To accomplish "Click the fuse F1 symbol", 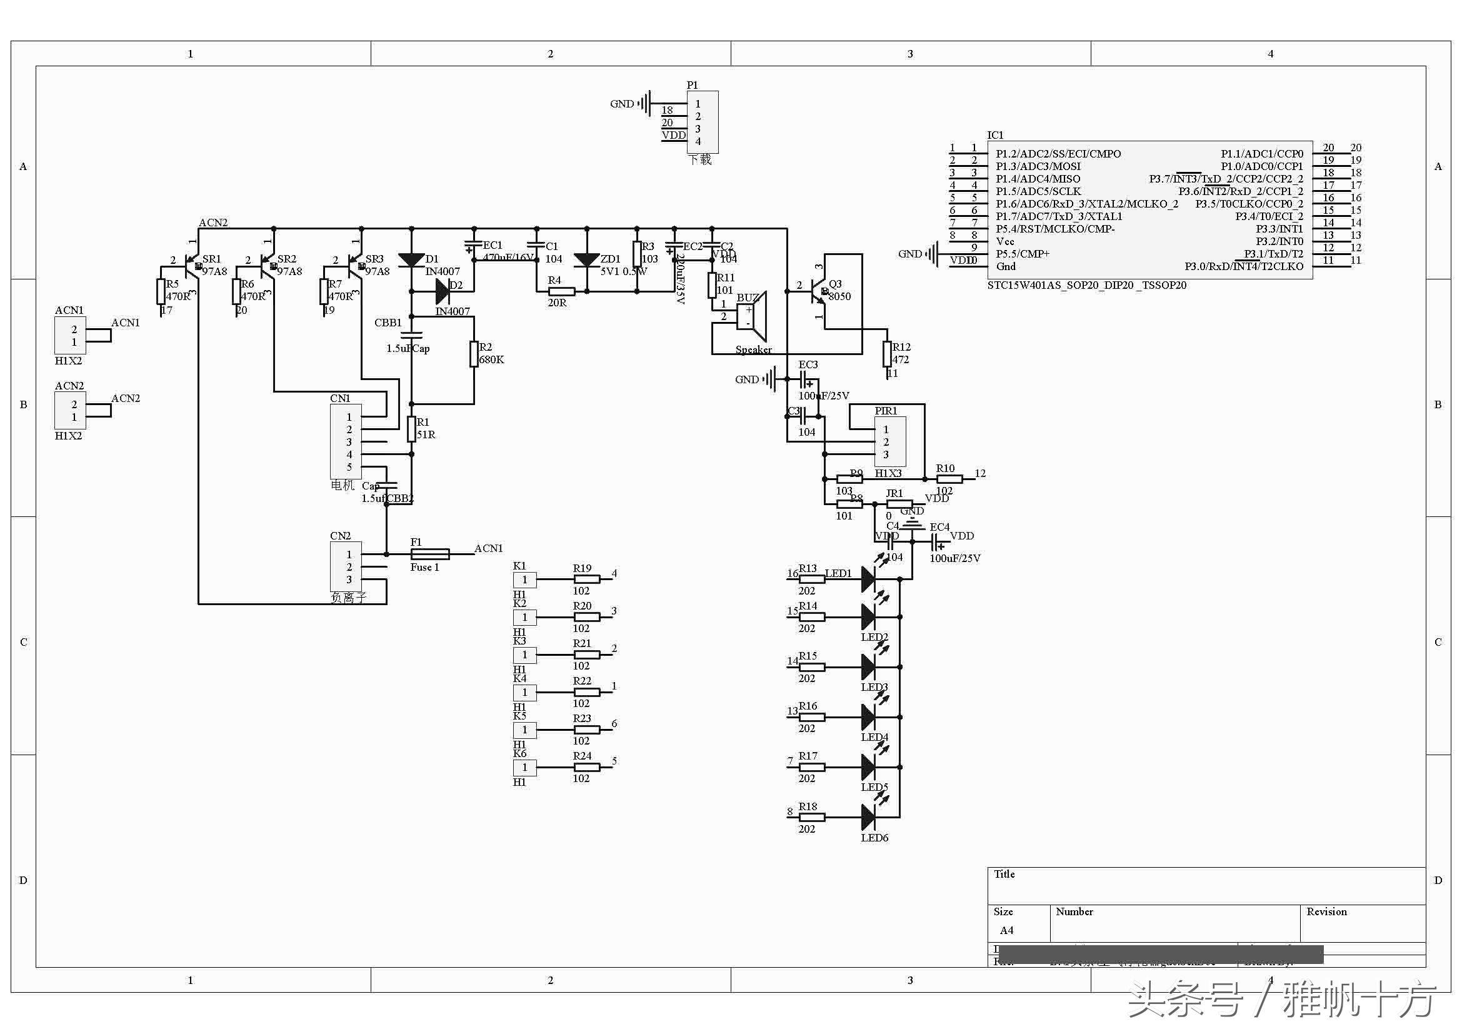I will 431,555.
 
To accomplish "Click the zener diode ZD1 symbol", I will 586,260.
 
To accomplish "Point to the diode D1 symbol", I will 411,260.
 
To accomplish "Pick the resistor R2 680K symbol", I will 474,354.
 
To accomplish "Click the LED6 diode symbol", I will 869,817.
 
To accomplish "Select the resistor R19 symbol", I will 586,580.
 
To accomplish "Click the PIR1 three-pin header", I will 889,442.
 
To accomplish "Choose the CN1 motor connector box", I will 346,442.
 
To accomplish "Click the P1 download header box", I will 703,123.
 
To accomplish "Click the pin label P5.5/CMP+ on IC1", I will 1023,254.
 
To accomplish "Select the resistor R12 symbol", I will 887,354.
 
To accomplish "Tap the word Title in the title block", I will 1004,874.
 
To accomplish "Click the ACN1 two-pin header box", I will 70,336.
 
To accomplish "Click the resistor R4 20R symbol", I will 562,291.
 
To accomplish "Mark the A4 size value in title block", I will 1006,930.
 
